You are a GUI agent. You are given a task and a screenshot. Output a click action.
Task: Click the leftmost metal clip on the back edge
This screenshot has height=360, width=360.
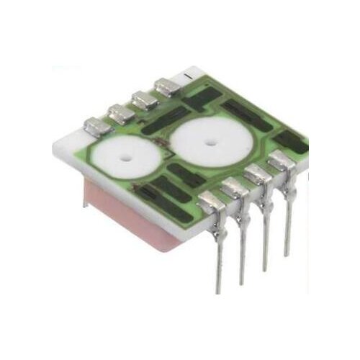(96, 127)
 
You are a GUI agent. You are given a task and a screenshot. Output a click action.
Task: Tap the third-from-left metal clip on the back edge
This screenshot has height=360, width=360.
(145, 99)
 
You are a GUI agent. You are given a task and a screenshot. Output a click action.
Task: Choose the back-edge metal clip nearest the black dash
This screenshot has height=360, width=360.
(168, 88)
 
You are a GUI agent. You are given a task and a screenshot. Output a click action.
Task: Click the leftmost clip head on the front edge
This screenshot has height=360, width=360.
(212, 202)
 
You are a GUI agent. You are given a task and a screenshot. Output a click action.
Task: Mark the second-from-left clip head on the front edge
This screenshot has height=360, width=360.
(235, 189)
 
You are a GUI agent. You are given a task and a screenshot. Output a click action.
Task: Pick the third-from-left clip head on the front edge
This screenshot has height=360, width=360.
(257, 175)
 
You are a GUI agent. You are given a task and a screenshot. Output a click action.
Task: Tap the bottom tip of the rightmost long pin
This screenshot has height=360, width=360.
(287, 254)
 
